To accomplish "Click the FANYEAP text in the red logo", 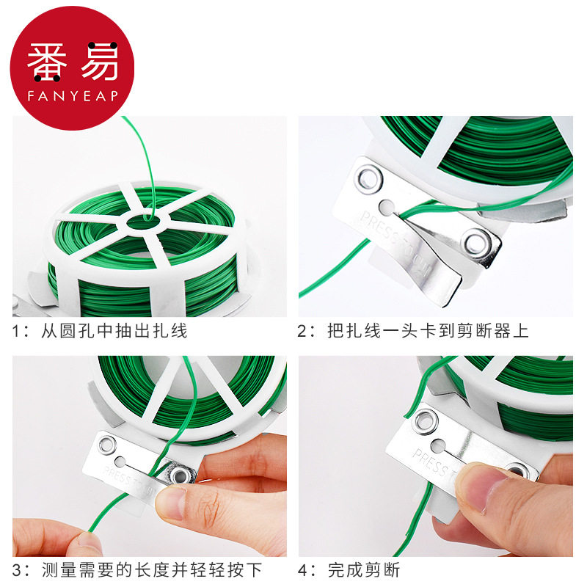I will [73, 95].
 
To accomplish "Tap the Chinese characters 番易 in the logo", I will [73, 65].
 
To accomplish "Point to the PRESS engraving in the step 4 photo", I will [429, 462].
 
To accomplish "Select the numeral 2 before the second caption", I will [302, 331].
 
